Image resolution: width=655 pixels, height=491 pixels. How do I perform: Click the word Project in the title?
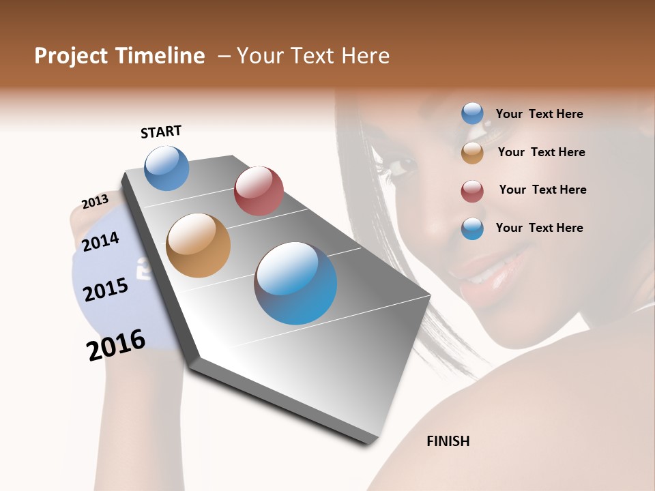70,57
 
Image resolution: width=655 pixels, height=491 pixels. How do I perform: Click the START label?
161,131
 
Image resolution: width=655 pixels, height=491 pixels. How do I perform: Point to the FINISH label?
448,441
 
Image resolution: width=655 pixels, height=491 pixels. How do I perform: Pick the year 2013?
95,202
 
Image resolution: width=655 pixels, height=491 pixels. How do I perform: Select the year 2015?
105,291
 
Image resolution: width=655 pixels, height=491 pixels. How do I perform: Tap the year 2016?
116,346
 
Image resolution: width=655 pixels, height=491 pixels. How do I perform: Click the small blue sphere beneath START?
166,168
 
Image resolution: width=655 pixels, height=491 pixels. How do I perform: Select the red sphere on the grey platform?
259,190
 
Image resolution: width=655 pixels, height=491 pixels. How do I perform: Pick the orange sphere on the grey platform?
198,245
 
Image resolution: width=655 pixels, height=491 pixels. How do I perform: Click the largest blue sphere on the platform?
295,282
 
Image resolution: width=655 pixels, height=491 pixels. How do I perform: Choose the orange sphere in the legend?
472,153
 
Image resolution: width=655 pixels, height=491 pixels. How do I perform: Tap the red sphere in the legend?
472,191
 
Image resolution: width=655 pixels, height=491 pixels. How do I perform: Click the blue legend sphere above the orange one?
472,113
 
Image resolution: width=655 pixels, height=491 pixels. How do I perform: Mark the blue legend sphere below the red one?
472,228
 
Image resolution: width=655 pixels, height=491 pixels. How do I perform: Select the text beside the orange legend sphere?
541,152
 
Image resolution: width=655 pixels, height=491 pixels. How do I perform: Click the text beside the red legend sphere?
542,190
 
